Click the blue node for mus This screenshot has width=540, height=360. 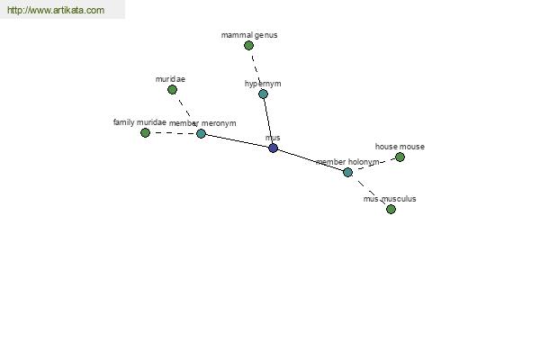click(x=273, y=148)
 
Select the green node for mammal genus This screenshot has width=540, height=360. click(x=248, y=46)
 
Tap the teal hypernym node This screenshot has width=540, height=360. click(x=263, y=94)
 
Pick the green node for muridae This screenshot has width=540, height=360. click(x=172, y=90)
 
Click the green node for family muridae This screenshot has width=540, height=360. click(x=145, y=132)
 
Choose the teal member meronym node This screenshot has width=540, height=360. click(x=201, y=133)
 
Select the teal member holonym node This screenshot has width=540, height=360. click(x=347, y=172)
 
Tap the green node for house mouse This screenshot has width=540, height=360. click(x=400, y=157)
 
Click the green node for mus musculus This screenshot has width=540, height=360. click(x=391, y=209)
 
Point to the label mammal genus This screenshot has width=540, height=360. click(x=249, y=35)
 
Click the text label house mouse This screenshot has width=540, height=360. click(x=400, y=147)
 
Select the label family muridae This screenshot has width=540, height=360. click(x=139, y=122)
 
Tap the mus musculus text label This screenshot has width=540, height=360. click(x=390, y=199)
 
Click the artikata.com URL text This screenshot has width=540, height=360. click(x=56, y=10)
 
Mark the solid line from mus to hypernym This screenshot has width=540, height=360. click(x=268, y=121)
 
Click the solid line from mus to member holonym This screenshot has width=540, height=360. click(x=310, y=160)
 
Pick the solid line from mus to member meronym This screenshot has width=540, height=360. click(x=238, y=141)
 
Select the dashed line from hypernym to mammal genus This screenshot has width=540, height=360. click(x=256, y=69)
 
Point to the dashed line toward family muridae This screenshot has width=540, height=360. click(x=173, y=133)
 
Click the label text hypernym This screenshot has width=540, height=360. click(x=263, y=84)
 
